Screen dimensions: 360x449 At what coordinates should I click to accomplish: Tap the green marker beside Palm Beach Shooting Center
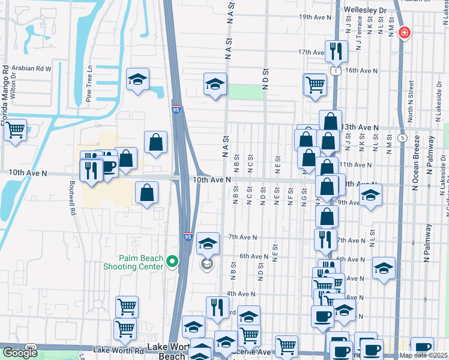pos(172,261)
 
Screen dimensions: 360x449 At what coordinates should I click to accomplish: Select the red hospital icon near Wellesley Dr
pos(405,32)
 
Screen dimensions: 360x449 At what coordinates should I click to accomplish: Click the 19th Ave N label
pos(315,17)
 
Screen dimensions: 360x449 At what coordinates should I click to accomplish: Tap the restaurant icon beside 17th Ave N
pos(336,52)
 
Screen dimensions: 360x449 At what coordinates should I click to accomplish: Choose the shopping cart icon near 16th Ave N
pos(315,85)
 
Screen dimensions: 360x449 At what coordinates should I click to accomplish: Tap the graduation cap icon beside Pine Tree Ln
pos(137,80)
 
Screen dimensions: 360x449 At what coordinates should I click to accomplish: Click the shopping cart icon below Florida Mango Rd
pos(15,130)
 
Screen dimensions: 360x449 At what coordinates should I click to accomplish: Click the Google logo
pos(20,353)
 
